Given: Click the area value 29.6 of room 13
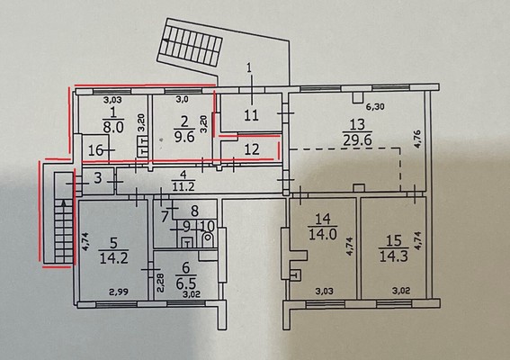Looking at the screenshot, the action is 357,140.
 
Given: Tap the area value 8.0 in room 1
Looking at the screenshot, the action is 113,127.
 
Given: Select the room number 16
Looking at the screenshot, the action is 96,150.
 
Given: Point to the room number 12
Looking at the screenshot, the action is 252,149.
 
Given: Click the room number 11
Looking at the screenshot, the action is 251,115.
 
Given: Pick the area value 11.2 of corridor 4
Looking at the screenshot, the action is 183,187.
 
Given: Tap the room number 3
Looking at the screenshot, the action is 98,178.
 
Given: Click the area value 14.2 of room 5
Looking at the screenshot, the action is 114,258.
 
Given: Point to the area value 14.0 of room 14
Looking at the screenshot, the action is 323,234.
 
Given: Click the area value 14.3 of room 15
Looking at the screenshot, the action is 394,256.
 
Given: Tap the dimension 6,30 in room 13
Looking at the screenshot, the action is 376,106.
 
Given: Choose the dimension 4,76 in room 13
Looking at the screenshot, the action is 418,139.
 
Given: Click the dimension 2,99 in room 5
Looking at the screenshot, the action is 119,292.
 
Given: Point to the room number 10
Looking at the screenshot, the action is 206,226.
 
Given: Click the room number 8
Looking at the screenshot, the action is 194,211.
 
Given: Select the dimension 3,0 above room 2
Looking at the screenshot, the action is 182,100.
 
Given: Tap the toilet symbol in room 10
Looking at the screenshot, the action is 207,240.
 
